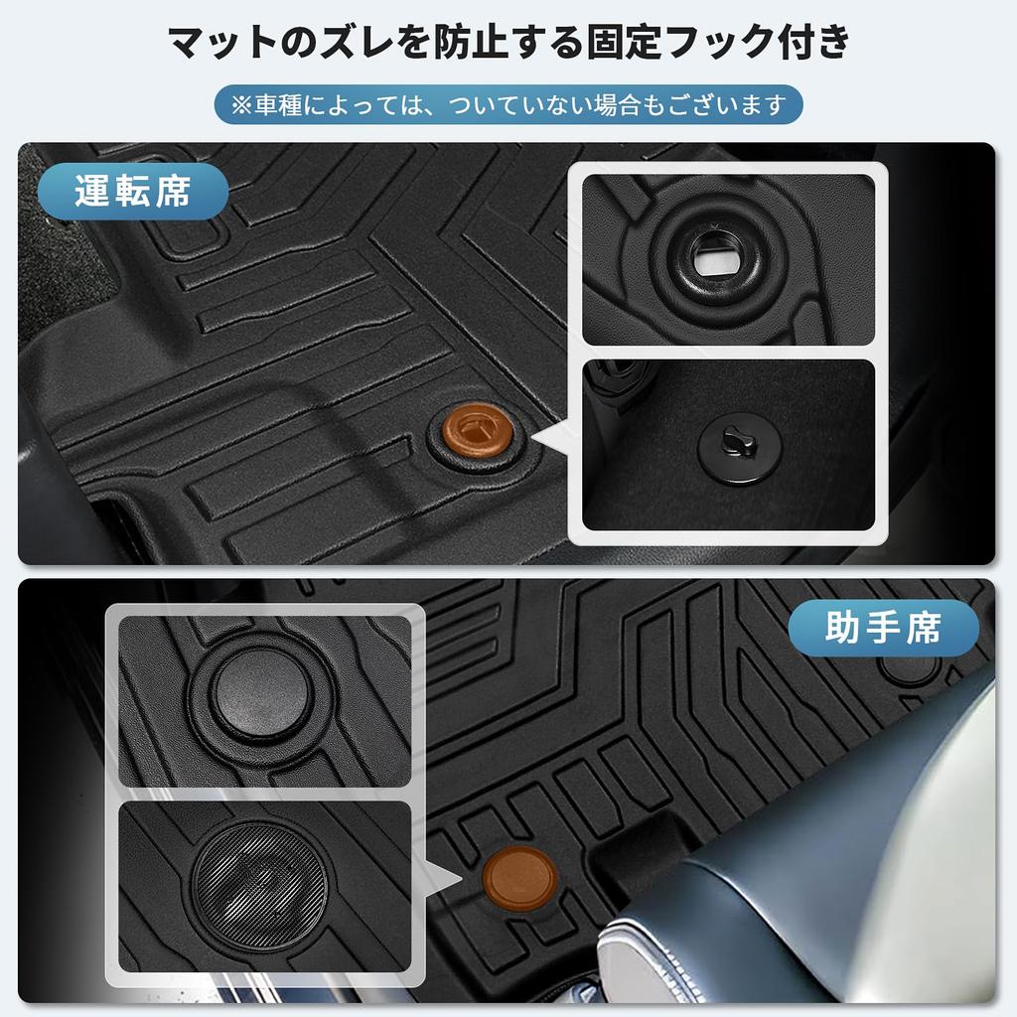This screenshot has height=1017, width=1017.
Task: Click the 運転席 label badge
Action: coord(133,191)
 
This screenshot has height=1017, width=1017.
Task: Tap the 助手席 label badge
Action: coord(883,628)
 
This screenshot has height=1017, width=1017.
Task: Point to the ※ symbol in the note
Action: coord(242,104)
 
